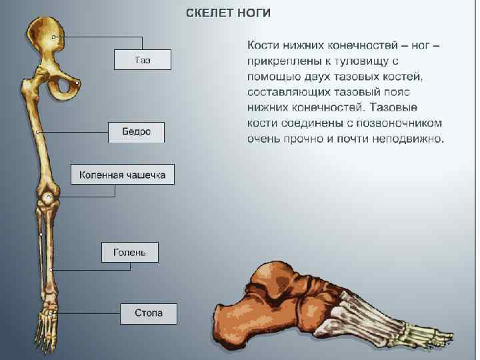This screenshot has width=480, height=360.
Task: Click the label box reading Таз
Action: click(x=142, y=60)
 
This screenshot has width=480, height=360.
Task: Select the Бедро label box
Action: click(x=136, y=132)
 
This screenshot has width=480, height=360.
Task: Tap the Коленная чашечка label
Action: click(x=122, y=175)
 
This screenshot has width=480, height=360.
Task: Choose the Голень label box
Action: click(x=129, y=253)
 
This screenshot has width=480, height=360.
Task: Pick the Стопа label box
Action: click(x=148, y=313)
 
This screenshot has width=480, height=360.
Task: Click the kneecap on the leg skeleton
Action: click(x=47, y=197)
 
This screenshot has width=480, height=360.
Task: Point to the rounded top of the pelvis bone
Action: click(x=46, y=30)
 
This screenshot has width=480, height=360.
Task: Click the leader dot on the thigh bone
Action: click(x=38, y=133)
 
